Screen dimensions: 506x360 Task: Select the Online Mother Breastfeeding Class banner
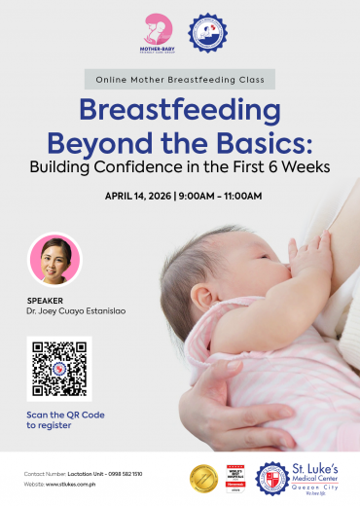[180, 80]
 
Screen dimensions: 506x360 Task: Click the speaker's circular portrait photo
[55, 258]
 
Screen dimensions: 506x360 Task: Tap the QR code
[58, 369]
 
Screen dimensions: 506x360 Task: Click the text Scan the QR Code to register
[63, 419]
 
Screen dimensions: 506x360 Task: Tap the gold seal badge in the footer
[202, 477]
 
